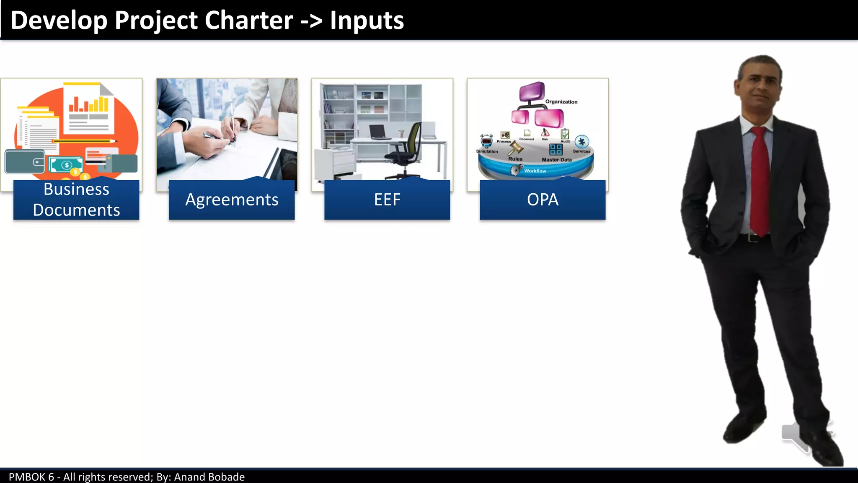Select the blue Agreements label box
point(232,200)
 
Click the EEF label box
point(387,200)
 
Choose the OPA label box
point(543,200)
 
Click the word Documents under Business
point(76,210)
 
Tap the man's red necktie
point(760,180)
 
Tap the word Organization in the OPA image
point(561,102)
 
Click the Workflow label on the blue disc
point(535,171)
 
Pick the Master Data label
point(556,160)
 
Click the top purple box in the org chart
point(532,91)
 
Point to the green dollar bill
point(66,165)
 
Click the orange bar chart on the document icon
point(89,104)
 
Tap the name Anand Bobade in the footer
point(209,477)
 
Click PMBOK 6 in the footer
point(31,477)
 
